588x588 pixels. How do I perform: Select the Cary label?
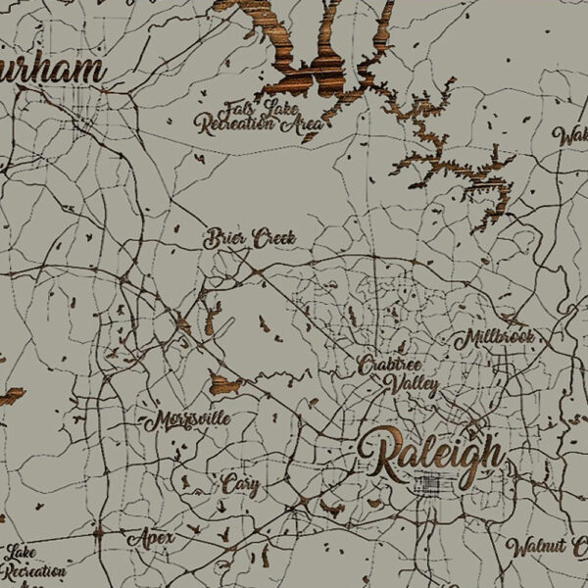pyautogui.click(x=239, y=484)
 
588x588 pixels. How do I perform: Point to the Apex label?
pyautogui.click(x=150, y=539)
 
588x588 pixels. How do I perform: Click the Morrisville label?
pyautogui.click(x=188, y=421)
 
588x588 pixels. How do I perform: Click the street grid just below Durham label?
pyautogui.click(x=83, y=108)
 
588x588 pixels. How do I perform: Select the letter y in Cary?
pyautogui.click(x=254, y=487)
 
